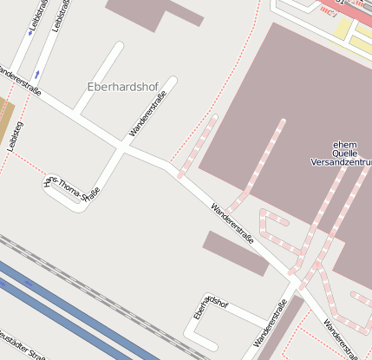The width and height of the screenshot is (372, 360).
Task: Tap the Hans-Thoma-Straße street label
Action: point(73,191)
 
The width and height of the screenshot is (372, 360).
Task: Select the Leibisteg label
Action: point(13,137)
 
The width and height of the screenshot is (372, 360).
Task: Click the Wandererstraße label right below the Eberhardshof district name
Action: point(147,118)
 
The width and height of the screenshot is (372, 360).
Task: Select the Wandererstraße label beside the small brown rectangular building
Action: point(232,222)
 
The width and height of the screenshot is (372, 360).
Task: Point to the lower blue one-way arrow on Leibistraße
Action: point(37,72)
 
